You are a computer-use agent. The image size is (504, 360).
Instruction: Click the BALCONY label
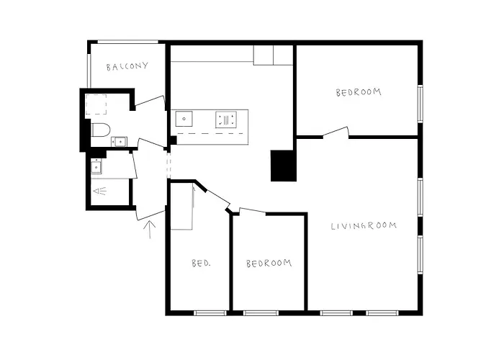pyautogui.click(x=127, y=67)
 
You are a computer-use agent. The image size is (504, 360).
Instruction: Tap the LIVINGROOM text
pyautogui.click(x=364, y=226)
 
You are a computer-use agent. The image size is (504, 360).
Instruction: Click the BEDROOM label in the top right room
pyautogui.click(x=358, y=92)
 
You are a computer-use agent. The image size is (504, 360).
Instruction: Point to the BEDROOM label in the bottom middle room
pyautogui.click(x=269, y=263)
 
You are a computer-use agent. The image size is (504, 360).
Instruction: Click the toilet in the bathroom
pyautogui.click(x=100, y=130)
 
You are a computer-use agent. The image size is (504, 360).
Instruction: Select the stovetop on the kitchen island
pyautogui.click(x=226, y=120)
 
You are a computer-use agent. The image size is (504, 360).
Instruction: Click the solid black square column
pyautogui.click(x=282, y=166)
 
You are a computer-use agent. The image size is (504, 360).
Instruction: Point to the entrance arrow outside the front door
pyautogui.click(x=150, y=229)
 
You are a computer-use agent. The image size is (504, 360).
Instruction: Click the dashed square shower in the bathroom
pyautogui.click(x=96, y=105)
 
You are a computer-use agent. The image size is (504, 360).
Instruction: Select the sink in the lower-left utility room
pyautogui.click(x=96, y=166)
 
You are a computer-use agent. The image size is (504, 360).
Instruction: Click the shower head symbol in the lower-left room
pyautogui.click(x=99, y=192)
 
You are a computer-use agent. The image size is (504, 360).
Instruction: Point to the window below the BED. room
pyautogui.click(x=210, y=312)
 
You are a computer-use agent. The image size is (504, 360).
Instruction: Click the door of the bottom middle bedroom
pyautogui.click(x=251, y=211)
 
